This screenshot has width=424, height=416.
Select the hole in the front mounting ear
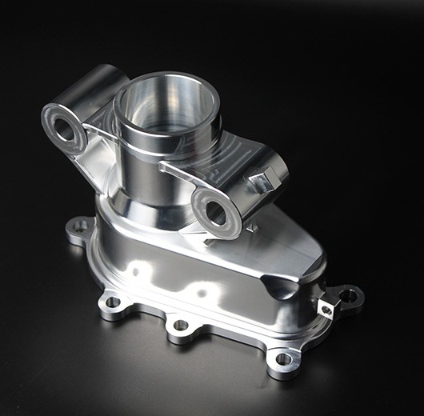click(x=215, y=212)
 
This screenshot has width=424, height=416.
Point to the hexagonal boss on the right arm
click(x=262, y=181)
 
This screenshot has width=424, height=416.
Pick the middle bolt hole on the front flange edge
click(x=181, y=326)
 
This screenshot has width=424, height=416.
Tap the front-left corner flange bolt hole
click(x=112, y=302)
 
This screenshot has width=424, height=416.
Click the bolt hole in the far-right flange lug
click(x=349, y=295)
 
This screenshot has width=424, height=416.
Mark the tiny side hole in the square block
click(x=326, y=310)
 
